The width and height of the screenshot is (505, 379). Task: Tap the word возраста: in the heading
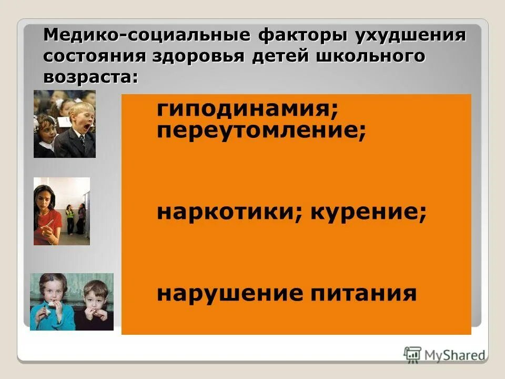(x=90, y=76)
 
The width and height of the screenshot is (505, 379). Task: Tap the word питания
(x=361, y=293)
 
